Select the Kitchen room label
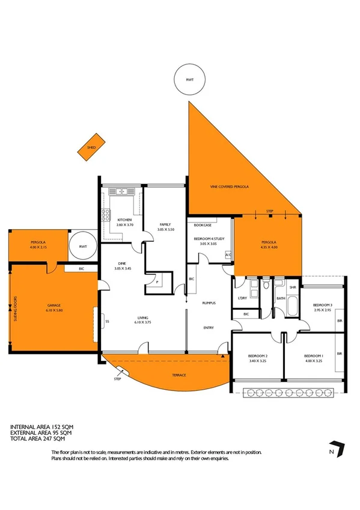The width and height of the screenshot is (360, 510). [x=125, y=220]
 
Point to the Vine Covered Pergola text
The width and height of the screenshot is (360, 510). [x=229, y=187]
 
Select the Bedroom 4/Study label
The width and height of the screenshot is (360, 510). [x=208, y=239]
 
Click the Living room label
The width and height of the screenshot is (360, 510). [x=143, y=318]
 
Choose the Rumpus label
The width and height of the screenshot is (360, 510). [x=209, y=303]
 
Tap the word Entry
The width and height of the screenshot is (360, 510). [x=209, y=328]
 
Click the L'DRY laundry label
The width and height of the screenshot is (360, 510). [x=243, y=298]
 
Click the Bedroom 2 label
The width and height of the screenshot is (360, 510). [x=258, y=358]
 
